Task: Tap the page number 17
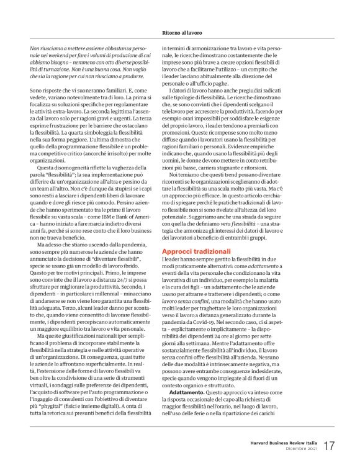(x=330, y=446)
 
